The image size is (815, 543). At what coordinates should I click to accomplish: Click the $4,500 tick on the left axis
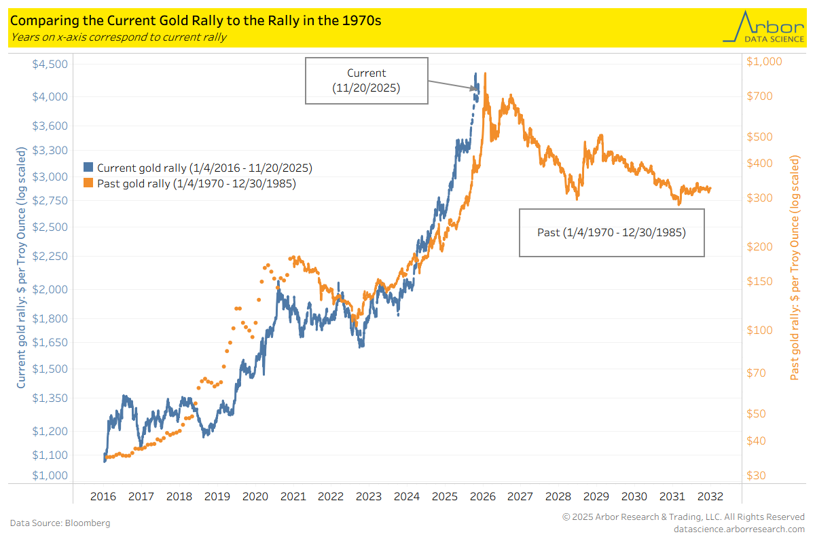pyautogui.click(x=50, y=64)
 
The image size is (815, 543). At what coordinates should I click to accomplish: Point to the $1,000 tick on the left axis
pyautogui.click(x=50, y=475)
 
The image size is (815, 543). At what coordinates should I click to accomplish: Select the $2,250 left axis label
pyautogui.click(x=50, y=256)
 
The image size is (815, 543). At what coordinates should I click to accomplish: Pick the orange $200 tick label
pyautogui.click(x=759, y=246)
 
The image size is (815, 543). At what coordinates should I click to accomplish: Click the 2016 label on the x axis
pyautogui.click(x=103, y=496)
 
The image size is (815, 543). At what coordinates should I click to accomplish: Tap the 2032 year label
pyautogui.click(x=709, y=496)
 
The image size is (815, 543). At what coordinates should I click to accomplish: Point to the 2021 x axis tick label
pyautogui.click(x=293, y=496)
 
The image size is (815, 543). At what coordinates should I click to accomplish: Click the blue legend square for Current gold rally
pyautogui.click(x=88, y=167)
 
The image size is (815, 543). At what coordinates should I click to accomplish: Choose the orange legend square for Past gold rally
pyautogui.click(x=88, y=183)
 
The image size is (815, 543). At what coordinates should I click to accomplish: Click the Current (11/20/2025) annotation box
pyautogui.click(x=366, y=81)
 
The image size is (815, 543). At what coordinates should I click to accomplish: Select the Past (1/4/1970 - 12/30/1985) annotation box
pyautogui.click(x=611, y=232)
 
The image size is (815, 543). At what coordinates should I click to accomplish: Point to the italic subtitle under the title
pyautogui.click(x=118, y=37)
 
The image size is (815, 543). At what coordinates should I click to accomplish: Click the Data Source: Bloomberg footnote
pyautogui.click(x=60, y=523)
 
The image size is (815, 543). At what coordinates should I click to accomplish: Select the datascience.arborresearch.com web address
pyautogui.click(x=739, y=529)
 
